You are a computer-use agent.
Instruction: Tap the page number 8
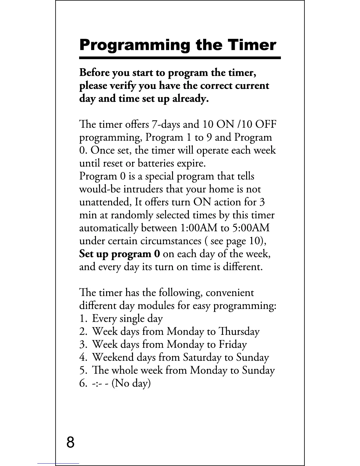(x=71, y=442)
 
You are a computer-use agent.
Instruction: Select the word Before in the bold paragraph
(x=92, y=72)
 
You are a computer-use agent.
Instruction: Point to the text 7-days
(x=166, y=124)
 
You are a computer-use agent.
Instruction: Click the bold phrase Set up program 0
(x=120, y=254)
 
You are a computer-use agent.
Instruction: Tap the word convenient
(x=229, y=293)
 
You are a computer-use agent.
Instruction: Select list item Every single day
(x=127, y=319)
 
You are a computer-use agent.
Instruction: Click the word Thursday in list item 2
(x=239, y=332)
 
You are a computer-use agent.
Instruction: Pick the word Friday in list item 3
(x=232, y=344)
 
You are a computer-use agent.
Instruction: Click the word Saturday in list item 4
(x=202, y=357)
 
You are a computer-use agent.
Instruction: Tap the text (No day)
(x=131, y=383)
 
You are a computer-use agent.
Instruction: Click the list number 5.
(x=83, y=370)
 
